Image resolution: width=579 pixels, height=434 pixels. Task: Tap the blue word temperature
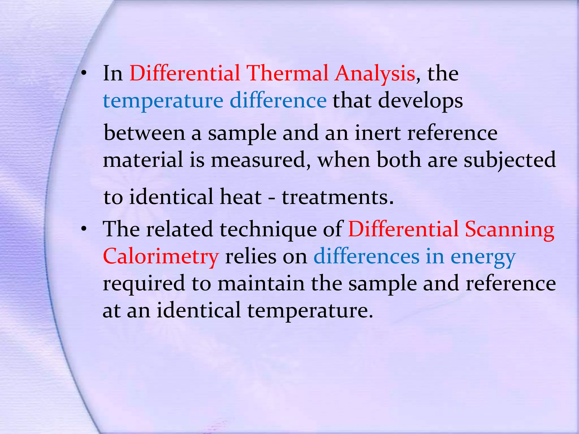click(163, 101)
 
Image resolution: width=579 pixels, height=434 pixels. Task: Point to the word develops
click(420, 101)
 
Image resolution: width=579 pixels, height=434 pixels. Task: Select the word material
click(143, 160)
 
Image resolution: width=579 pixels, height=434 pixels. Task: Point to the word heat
click(241, 197)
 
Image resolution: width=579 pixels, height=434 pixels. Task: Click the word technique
click(268, 229)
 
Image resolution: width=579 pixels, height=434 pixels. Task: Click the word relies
click(250, 257)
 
